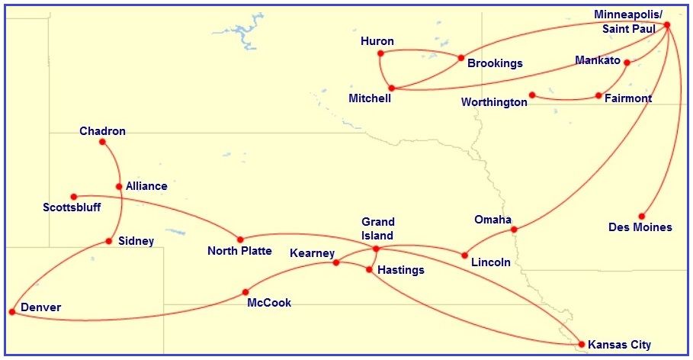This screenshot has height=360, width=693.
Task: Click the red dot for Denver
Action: point(11,312)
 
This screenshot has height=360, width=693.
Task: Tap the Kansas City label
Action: point(619,346)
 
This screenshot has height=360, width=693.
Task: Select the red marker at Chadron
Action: point(103,142)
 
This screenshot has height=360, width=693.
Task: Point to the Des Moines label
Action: point(640,227)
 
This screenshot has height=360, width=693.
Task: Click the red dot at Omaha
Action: point(514,229)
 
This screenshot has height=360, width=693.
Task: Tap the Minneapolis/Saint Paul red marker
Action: point(667,25)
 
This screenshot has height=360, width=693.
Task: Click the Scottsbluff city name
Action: point(72,207)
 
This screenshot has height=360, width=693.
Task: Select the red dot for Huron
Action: point(380,53)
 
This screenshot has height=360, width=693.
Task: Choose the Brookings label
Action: point(495,64)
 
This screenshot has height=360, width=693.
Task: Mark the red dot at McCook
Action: point(245,292)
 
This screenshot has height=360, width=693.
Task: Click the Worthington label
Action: point(494,102)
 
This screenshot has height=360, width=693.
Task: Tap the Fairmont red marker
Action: point(598,95)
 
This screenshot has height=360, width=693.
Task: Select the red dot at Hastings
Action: point(370,268)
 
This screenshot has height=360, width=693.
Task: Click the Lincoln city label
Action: point(491,262)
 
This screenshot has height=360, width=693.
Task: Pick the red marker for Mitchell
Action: point(391,88)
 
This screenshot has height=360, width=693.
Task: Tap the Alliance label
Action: point(146,186)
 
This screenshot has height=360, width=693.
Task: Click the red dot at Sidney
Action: point(109,242)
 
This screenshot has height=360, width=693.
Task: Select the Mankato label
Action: point(598,60)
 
